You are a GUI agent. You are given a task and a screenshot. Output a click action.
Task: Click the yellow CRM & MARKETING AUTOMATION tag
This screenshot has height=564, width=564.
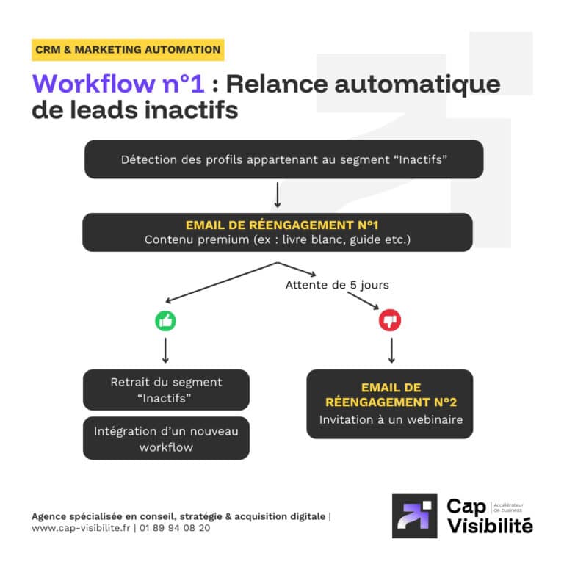(x=128, y=50)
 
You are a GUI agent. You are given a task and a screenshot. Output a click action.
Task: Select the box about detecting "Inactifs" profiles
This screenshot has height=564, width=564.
(x=283, y=159)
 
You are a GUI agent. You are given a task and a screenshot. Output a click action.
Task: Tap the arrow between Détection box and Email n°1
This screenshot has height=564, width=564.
(x=278, y=195)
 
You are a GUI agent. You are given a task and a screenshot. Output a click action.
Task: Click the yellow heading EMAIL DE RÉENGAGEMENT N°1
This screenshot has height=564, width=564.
(x=277, y=225)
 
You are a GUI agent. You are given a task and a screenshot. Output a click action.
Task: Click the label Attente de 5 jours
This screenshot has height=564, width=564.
(x=337, y=285)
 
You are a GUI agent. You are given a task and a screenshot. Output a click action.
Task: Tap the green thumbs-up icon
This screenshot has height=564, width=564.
(x=165, y=321)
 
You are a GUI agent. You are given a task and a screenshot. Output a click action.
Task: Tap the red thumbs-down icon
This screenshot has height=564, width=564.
(x=390, y=321)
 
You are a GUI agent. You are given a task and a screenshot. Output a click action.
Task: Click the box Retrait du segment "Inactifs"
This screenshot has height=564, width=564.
(x=166, y=389)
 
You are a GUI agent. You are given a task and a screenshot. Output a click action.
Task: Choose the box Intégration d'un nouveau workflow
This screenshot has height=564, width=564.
(x=166, y=438)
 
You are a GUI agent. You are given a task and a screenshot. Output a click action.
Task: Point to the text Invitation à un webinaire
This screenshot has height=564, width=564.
(x=389, y=420)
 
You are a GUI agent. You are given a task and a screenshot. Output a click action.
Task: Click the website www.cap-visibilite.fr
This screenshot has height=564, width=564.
(x=81, y=527)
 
